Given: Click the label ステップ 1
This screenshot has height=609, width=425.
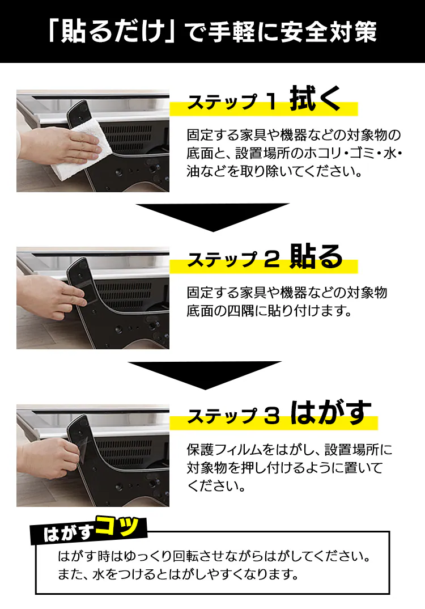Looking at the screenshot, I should click(231, 103).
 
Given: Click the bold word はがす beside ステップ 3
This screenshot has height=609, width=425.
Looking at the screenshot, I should click(331, 413).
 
